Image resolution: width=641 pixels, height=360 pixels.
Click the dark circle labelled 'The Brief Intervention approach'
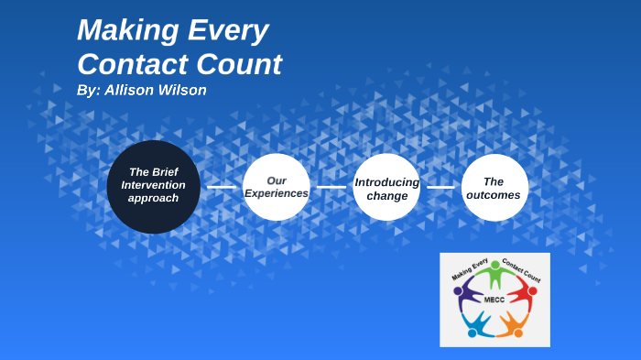pyautogui.click(x=154, y=186)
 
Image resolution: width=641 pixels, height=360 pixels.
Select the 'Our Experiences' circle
pyautogui.click(x=276, y=187)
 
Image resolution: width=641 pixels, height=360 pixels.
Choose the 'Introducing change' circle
pyautogui.click(x=386, y=187)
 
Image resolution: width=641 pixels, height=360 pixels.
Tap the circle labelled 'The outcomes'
pyautogui.click(x=494, y=187)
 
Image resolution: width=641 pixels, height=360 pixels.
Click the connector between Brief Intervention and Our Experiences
pyautogui.click(x=221, y=187)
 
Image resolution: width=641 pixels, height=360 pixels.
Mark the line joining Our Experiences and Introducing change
pyautogui.click(x=331, y=187)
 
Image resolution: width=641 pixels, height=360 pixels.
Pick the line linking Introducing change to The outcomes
pyautogui.click(x=440, y=187)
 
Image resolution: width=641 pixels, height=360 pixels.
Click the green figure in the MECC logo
pyautogui.click(x=495, y=273)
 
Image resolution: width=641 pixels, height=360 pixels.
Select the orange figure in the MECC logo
pyautogui.click(x=510, y=322)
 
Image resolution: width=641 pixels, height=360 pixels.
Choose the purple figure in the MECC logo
pyautogui.click(x=468, y=292)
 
